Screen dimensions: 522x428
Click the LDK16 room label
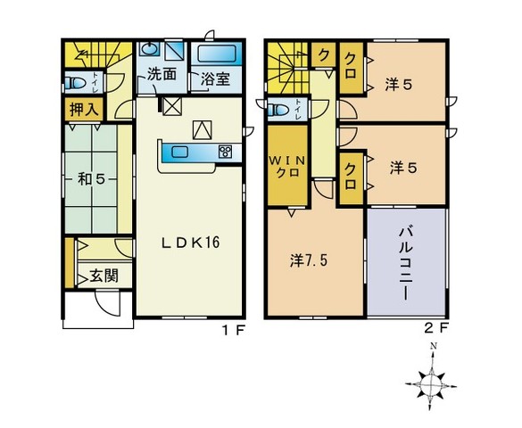click(191, 243)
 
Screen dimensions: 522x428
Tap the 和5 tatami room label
click(92, 179)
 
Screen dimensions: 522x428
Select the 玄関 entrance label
click(104, 276)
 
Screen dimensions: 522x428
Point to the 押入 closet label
click(84, 110)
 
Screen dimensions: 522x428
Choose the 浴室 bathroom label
click(215, 79)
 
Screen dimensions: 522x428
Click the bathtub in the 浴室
click(218, 53)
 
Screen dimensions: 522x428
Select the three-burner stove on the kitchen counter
click(226, 152)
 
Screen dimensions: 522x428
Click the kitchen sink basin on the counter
click(179, 152)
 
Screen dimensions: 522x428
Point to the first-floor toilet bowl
click(74, 82)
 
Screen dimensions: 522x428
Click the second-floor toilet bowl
click(278, 110)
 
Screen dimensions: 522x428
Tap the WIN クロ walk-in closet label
click(287, 167)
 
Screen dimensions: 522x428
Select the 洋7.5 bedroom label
click(309, 260)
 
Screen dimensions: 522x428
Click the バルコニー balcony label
click(407, 264)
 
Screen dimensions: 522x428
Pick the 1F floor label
click(234, 330)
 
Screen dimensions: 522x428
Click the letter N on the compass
click(433, 346)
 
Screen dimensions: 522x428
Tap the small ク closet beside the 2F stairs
click(323, 54)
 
